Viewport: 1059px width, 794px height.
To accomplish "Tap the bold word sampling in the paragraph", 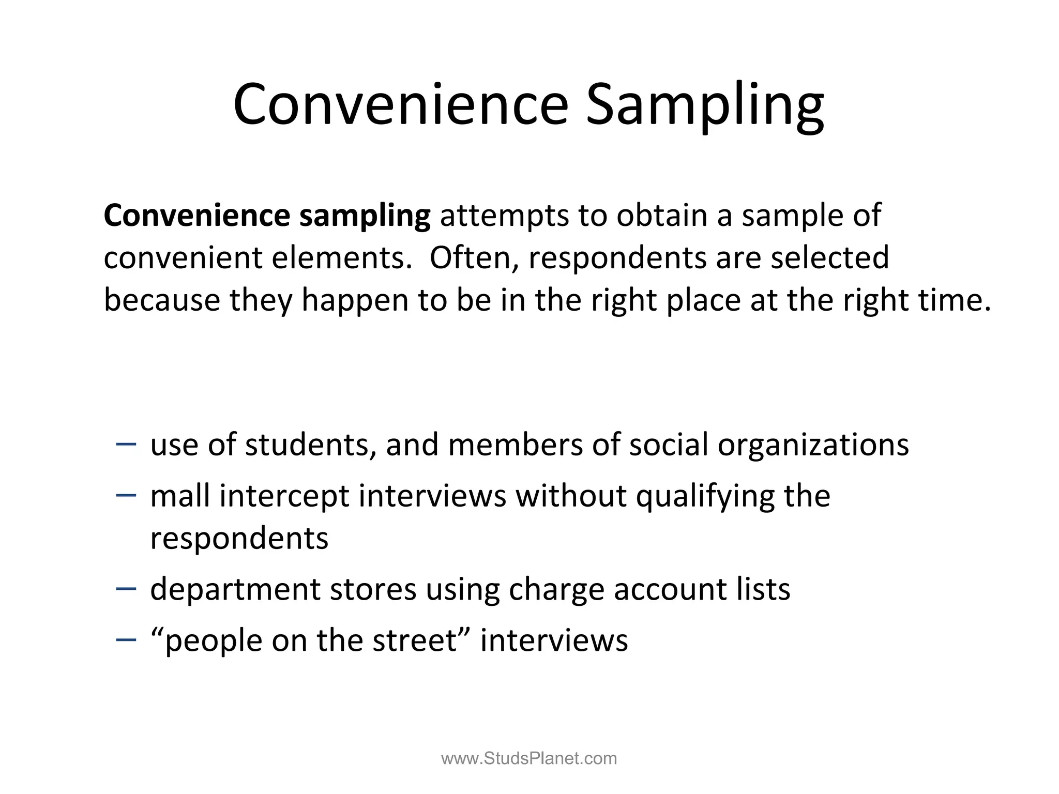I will pyautogui.click(x=365, y=216).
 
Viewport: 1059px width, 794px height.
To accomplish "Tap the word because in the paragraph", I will pyautogui.click(x=162, y=300).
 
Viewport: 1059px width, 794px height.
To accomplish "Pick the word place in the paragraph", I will pyautogui.click(x=704, y=300).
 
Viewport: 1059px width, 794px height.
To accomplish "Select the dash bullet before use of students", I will pyautogui.click(x=127, y=444).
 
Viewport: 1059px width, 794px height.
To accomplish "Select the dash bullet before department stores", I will pyautogui.click(x=127, y=588).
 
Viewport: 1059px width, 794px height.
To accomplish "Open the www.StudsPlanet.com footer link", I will pyautogui.click(x=529, y=758).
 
